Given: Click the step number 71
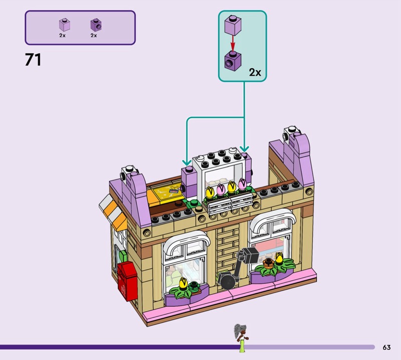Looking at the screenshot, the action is [33, 60].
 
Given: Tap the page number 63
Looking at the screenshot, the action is [386, 347].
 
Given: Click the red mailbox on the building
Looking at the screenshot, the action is [127, 281].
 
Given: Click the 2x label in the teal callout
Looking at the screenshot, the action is [255, 72].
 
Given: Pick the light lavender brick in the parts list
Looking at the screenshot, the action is [65, 25].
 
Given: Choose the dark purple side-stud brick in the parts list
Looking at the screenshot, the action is [96, 25].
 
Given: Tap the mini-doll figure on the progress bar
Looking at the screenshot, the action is [241, 338].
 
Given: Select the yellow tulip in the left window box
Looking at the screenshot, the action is [182, 283].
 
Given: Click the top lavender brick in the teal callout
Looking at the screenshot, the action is [233, 24].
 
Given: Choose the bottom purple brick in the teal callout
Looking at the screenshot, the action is [233, 60].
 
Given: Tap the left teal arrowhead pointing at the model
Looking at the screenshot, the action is [186, 162].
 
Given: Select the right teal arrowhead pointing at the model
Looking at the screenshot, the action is [244, 148].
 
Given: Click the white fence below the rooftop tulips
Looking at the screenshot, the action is [231, 202].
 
